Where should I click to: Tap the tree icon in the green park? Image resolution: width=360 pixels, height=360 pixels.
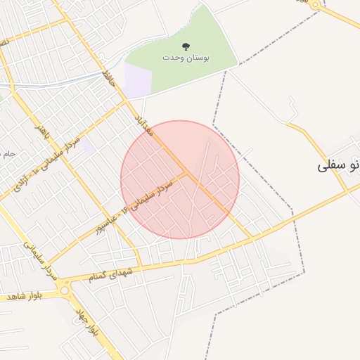click(x=186, y=46)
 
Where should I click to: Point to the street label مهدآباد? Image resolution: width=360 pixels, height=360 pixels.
click(x=143, y=121)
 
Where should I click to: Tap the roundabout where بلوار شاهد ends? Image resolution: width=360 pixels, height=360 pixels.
click(x=65, y=290)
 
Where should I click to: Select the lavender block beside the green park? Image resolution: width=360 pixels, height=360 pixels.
click(x=138, y=79)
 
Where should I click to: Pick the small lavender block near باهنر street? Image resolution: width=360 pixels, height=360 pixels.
click(x=87, y=146)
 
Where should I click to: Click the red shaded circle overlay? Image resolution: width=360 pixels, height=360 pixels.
click(x=180, y=179)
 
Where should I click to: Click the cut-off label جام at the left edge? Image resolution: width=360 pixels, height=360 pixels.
click(x=8, y=153)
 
